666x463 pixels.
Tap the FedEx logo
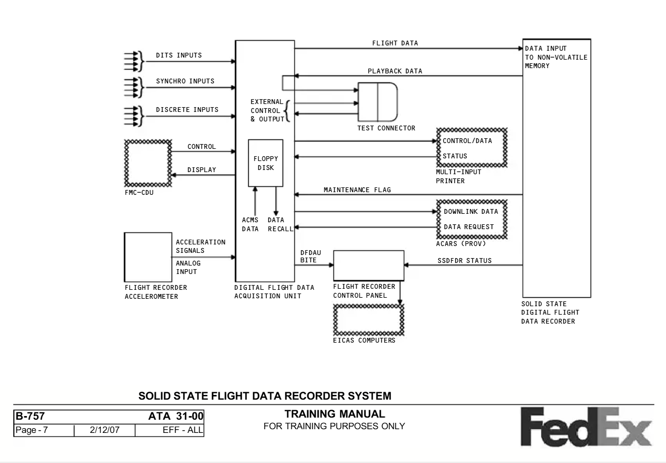coord(586,427)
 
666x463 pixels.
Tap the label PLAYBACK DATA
coord(395,71)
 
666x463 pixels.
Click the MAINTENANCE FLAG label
coord(357,190)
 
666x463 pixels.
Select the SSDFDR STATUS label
coord(464,261)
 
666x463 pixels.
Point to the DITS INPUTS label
coord(179,55)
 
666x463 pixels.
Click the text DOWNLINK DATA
coord(471,212)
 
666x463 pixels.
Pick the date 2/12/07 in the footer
coord(105,430)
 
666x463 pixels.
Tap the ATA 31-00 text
coord(176,416)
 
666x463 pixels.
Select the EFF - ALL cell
coord(170,430)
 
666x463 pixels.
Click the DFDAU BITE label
coord(311,257)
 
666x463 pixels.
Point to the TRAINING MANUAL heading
coord(334,414)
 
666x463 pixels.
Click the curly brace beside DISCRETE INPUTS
coord(141,116)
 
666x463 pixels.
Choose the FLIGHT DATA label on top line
coord(395,43)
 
